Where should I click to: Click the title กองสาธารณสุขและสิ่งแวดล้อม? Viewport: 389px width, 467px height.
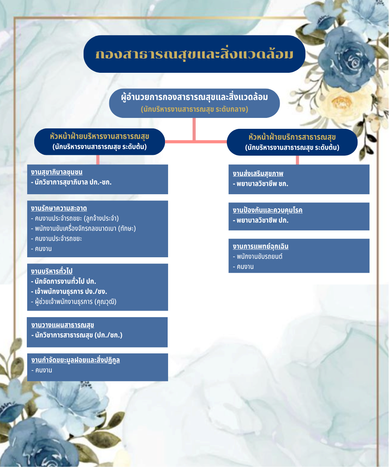[x=194, y=54]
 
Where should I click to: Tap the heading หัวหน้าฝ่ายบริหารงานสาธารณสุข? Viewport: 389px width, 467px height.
[x=100, y=137]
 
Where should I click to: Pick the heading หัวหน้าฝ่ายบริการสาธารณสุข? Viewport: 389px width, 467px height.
[x=292, y=137]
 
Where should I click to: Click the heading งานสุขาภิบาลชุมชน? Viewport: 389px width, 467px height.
[x=57, y=172]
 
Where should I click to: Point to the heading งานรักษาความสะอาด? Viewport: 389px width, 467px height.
[x=59, y=208]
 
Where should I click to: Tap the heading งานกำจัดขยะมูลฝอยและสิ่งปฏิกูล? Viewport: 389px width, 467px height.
[x=75, y=360]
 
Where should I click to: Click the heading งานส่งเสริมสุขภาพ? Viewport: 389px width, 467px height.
[x=258, y=174]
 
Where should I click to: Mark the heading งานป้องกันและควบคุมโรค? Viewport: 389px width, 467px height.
[x=268, y=210]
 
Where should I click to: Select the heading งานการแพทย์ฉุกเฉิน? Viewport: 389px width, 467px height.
[x=261, y=246]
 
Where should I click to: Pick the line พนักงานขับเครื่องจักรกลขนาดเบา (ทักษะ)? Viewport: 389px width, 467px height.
[x=85, y=228]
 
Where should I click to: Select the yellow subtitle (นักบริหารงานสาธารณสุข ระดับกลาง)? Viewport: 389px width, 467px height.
[x=194, y=109]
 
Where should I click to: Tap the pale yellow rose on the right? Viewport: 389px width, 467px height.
[x=342, y=101]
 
